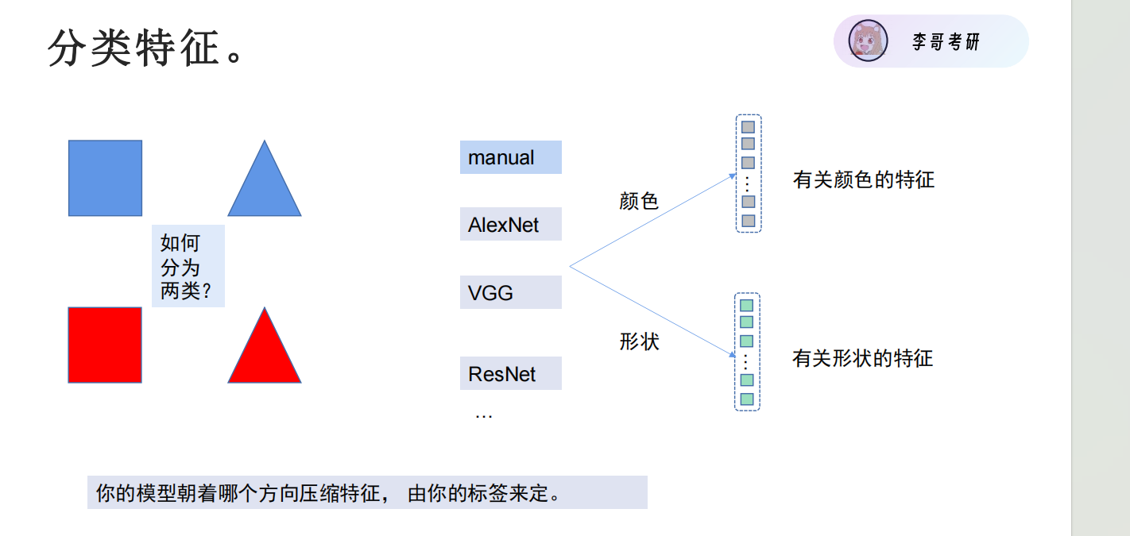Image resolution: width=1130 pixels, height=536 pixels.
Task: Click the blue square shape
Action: [105, 178]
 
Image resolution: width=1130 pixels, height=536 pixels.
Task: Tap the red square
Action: [105, 345]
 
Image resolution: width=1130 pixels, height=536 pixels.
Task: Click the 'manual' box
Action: [510, 157]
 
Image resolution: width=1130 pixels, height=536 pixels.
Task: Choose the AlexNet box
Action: [510, 224]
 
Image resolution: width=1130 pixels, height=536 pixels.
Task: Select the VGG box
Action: [510, 292]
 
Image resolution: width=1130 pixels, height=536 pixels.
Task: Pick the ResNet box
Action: [510, 373]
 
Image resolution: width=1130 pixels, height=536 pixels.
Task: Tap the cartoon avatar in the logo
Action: [868, 41]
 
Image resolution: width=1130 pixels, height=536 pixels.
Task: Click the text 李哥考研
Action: [946, 42]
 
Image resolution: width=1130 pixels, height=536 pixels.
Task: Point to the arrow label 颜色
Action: [639, 201]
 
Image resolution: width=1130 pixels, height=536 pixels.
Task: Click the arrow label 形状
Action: [639, 341]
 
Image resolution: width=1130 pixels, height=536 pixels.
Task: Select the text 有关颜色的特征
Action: [863, 179]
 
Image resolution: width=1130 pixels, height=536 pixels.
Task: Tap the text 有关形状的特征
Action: [862, 358]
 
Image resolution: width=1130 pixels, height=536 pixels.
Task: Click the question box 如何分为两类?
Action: [188, 266]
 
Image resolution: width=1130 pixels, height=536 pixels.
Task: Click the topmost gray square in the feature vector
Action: [748, 126]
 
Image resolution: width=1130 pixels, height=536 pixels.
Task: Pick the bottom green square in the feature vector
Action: [747, 399]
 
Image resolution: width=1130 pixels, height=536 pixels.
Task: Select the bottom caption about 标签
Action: [367, 492]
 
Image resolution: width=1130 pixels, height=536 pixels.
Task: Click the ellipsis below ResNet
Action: [483, 415]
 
